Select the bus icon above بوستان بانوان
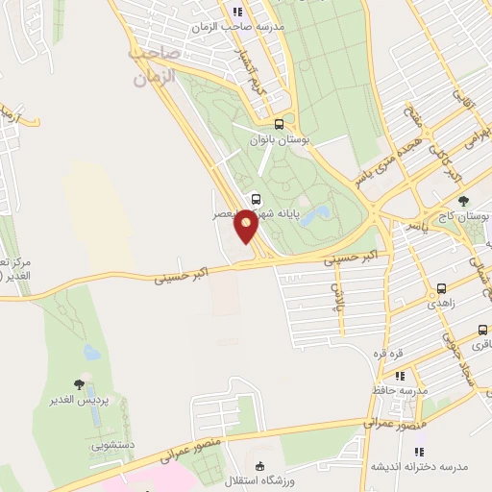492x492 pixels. point(279,124)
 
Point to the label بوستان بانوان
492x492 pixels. point(276,140)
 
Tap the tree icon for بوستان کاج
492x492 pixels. point(463,202)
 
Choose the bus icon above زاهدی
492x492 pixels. point(441,287)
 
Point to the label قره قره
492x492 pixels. point(388,352)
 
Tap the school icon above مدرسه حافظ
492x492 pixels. point(400,375)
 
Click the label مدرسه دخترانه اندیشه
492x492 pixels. point(419,467)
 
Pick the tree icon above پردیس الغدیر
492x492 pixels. point(79,384)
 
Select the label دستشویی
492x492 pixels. point(113,446)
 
